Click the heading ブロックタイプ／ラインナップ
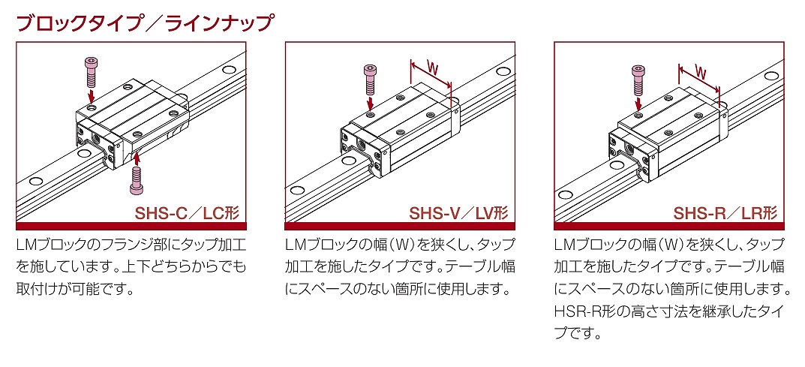144,23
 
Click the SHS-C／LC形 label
186,213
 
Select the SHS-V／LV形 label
458,213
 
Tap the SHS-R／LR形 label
725,213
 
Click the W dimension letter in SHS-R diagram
700,73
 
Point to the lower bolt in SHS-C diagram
137,178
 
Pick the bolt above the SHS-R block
638,77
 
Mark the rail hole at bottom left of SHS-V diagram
300,190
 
